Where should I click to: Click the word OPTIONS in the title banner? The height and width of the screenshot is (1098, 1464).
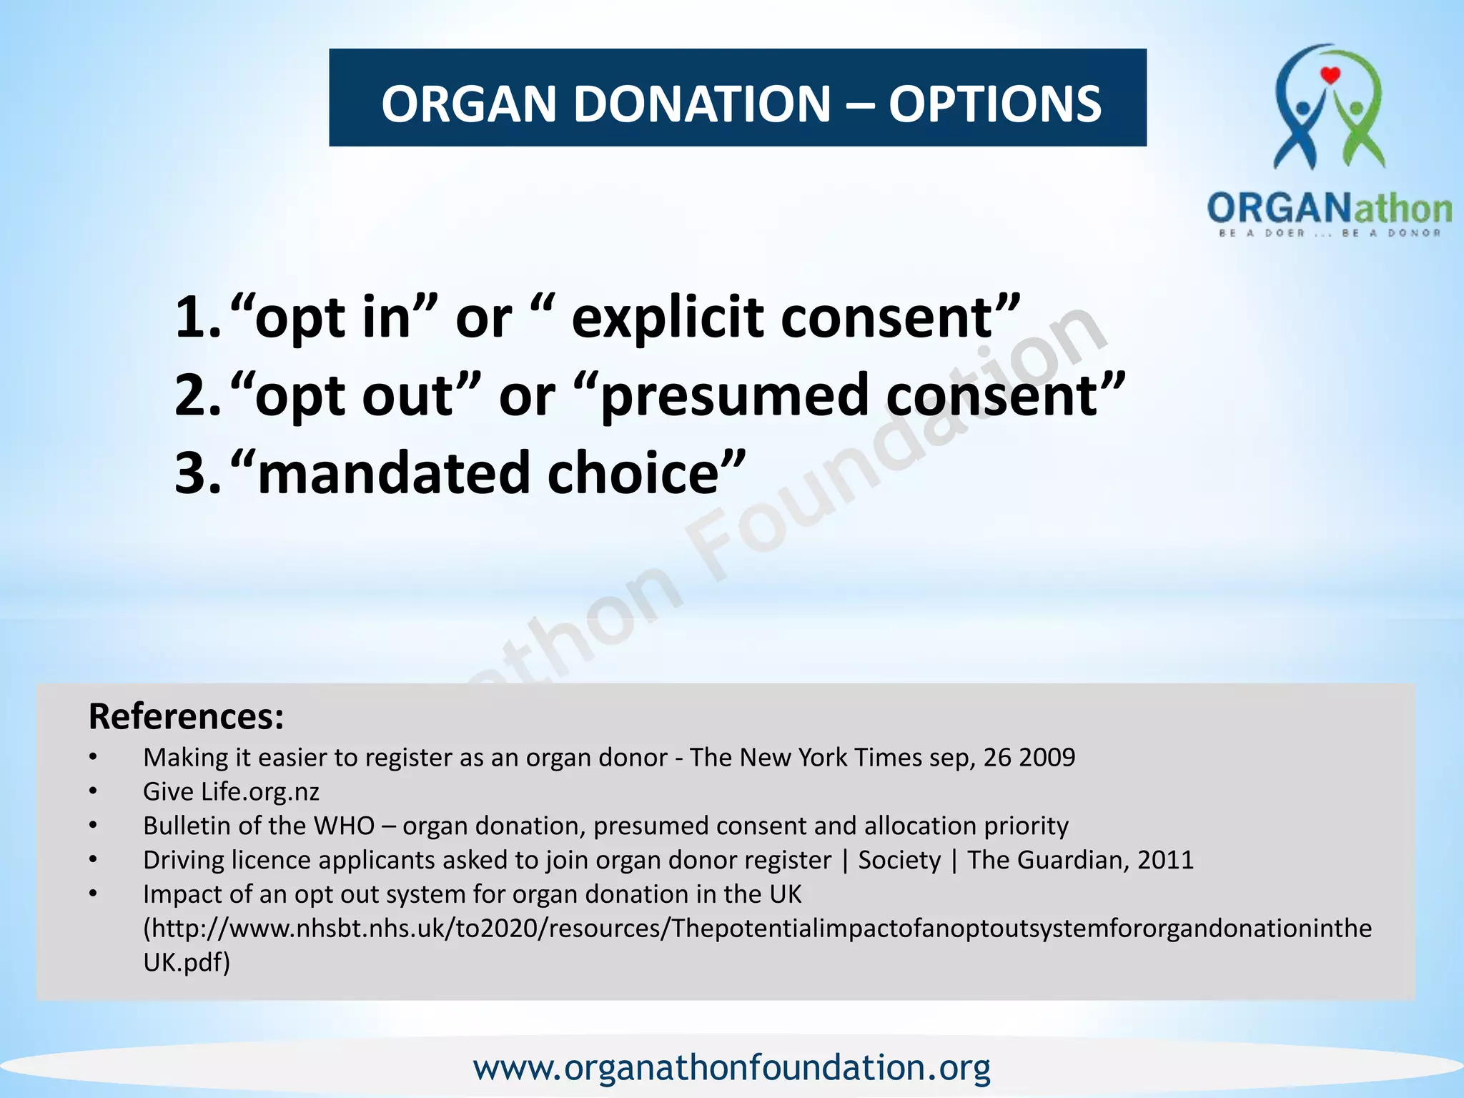pos(994,104)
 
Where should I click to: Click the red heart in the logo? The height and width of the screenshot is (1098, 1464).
pos(1330,75)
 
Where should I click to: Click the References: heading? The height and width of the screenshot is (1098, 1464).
pos(186,716)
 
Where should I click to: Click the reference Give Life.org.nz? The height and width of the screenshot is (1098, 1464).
pos(231,791)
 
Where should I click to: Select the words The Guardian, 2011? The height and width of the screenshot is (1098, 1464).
pos(1080,860)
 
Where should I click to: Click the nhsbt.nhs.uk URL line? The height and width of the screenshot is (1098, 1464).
pos(757,929)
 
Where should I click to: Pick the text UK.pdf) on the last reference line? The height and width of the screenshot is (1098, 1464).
pos(187,963)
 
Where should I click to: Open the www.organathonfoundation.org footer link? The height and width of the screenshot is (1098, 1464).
pos(731,1067)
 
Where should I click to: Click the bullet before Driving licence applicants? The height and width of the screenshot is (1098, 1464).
pos(93,860)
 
